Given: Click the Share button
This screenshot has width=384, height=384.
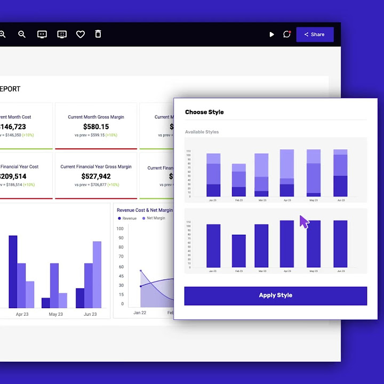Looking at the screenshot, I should click(x=315, y=35).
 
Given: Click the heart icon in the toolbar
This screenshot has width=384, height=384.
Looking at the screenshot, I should click(x=81, y=34).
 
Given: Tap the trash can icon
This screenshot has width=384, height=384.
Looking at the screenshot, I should click(x=98, y=34).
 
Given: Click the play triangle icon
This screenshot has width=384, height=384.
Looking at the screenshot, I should click(x=271, y=35).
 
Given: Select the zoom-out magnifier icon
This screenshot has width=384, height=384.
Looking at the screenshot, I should click(x=22, y=34).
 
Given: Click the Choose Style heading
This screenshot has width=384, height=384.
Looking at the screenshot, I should click(x=204, y=112).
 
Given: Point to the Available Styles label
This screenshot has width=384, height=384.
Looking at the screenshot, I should click(x=202, y=132).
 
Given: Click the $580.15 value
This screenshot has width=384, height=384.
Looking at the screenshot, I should click(x=96, y=127).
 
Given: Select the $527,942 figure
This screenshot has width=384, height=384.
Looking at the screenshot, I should click(x=96, y=177).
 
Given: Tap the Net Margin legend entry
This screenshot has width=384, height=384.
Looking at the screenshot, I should click(x=156, y=218).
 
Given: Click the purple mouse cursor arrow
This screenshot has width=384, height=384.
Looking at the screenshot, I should click(x=304, y=222).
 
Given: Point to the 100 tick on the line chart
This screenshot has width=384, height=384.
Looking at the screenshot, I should click(x=121, y=238).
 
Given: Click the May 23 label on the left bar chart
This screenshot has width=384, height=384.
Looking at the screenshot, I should click(x=55, y=314).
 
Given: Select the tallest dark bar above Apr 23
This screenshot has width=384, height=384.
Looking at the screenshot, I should click(x=13, y=271).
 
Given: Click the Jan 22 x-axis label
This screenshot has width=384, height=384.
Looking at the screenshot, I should click(x=140, y=313).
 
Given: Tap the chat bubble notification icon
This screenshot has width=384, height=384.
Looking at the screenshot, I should click(x=287, y=34).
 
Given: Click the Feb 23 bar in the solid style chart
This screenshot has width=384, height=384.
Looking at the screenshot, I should click(x=238, y=251).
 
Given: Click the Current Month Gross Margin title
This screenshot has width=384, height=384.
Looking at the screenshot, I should click(x=96, y=117).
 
